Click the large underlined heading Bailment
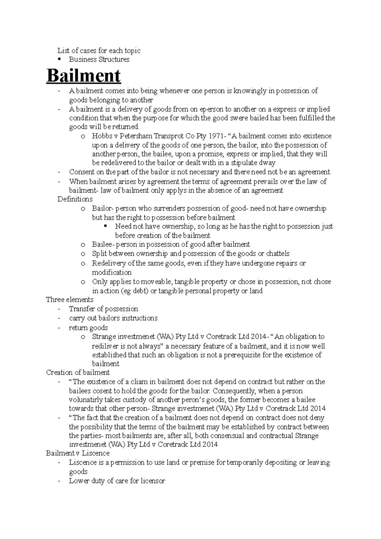[84, 76]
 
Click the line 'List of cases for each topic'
[99, 50]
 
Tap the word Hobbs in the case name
[100, 136]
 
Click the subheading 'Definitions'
[75, 199]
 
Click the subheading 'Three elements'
[70, 300]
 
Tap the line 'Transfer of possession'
[104, 309]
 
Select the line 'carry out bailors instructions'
[113, 318]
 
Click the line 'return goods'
[88, 328]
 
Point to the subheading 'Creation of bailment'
[78, 372]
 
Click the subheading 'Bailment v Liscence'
[78, 453]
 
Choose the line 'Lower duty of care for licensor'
[117, 481]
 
